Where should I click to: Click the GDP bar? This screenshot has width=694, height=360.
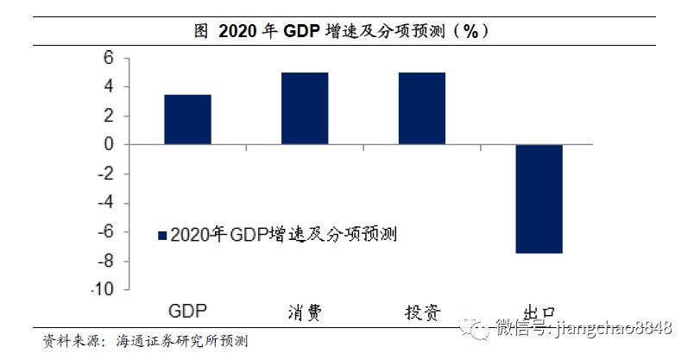point(187,119)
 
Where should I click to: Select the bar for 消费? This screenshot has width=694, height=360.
point(305,108)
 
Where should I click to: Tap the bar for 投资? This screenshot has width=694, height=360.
point(421,108)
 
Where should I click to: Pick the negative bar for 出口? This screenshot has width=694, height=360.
point(539,199)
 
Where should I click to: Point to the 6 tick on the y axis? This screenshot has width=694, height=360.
point(109,58)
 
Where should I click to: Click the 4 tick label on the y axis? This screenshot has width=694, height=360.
point(109,86)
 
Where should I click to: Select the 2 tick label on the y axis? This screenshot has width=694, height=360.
point(109,116)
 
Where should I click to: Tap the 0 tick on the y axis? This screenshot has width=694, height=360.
point(109,145)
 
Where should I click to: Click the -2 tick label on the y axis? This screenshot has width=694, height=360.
point(105,174)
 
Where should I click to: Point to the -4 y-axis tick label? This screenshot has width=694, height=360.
point(105,204)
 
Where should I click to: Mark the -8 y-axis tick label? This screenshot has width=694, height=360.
point(105,262)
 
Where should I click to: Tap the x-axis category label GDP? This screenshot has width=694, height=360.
point(187,311)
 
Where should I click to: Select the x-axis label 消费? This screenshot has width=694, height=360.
point(304,312)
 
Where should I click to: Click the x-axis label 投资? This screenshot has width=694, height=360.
point(421,312)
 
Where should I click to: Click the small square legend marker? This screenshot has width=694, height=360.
point(161,235)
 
